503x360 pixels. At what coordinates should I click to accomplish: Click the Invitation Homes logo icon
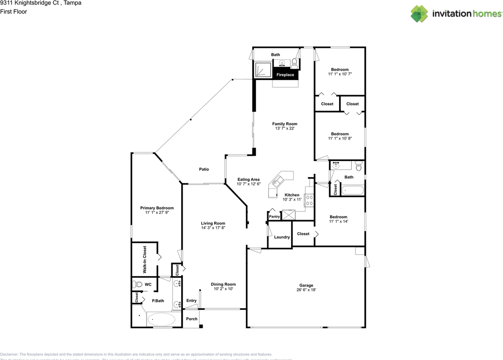(420, 14)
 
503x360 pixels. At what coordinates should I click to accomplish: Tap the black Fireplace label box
(285, 75)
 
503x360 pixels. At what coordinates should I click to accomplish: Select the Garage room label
(306, 285)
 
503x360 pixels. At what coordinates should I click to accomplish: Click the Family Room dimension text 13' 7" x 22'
(285, 129)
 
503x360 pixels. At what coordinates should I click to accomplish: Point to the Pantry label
(274, 217)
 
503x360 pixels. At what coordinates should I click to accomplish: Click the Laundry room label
(282, 237)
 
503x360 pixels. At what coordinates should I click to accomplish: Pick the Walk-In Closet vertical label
(145, 259)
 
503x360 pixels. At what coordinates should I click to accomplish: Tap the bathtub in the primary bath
(162, 319)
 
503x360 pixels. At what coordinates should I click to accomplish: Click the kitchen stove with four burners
(309, 200)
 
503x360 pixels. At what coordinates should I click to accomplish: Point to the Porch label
(192, 319)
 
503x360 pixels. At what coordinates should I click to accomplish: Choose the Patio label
(204, 170)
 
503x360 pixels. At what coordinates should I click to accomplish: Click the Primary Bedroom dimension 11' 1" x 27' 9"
(157, 212)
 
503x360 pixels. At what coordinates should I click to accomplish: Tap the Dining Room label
(223, 284)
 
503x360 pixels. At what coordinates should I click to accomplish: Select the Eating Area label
(248, 179)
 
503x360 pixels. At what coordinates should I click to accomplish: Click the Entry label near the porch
(191, 301)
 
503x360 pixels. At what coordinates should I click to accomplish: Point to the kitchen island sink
(277, 181)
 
